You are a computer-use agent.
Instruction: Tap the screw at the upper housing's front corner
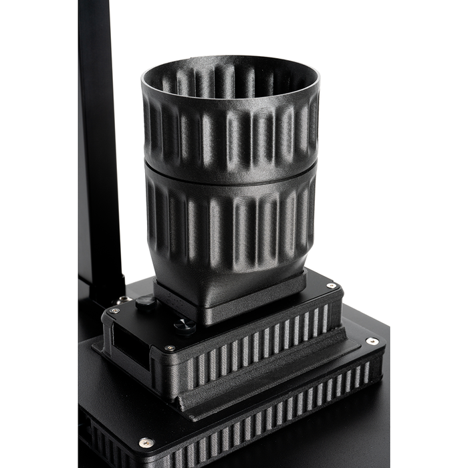[x=171, y=349]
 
